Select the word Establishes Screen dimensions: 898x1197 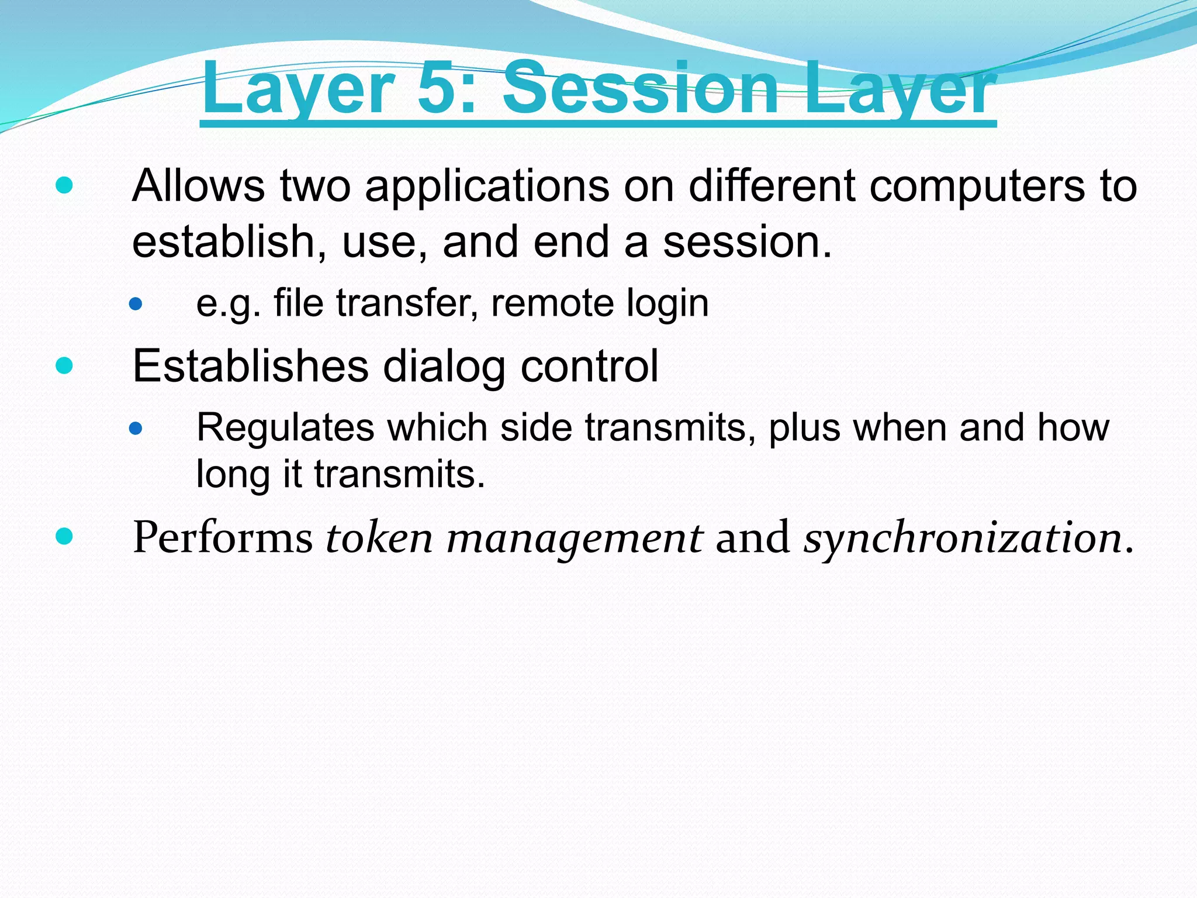point(251,366)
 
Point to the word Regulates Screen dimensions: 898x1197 point(285,428)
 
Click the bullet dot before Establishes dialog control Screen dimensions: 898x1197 point(64,366)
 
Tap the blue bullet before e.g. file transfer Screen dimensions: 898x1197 point(136,304)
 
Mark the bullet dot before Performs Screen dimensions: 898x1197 point(64,536)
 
